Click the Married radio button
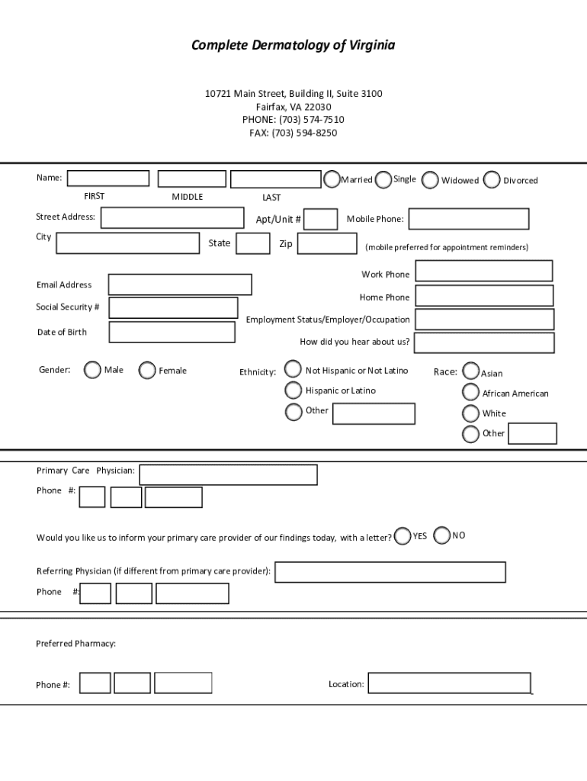click(x=332, y=179)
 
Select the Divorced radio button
click(x=492, y=180)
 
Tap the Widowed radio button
click(x=430, y=180)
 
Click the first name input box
click(x=108, y=178)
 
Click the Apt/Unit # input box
click(x=321, y=220)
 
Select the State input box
click(x=252, y=243)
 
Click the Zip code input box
click(x=327, y=243)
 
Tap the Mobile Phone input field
click(x=468, y=219)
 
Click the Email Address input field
click(x=180, y=284)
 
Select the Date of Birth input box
click(x=172, y=332)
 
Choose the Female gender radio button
click(x=147, y=370)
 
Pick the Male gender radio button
click(x=92, y=370)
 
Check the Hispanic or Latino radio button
click(x=293, y=390)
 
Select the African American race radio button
click(x=471, y=393)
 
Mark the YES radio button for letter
click(x=403, y=536)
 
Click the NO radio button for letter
click(x=441, y=536)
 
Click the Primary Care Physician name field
click(x=228, y=474)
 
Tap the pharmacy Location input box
click(x=449, y=683)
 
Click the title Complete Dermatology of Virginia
click(x=293, y=46)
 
